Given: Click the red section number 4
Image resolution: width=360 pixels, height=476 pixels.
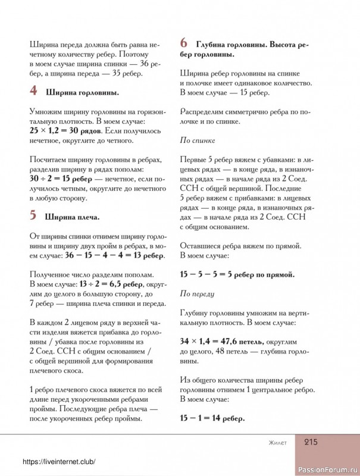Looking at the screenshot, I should tap(34, 91).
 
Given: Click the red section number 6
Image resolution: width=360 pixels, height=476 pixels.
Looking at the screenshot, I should tap(184, 43).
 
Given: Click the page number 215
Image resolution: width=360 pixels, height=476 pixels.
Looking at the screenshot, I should tap(314, 442).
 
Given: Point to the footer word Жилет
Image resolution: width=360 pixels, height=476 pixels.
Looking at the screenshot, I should tap(277, 443).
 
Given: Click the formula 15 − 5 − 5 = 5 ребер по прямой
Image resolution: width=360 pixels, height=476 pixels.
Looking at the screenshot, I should tap(237, 274).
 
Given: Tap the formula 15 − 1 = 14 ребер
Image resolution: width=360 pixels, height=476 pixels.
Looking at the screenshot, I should tap(212, 418).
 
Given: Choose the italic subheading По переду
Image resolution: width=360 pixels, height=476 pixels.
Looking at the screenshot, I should tap(197, 293).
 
